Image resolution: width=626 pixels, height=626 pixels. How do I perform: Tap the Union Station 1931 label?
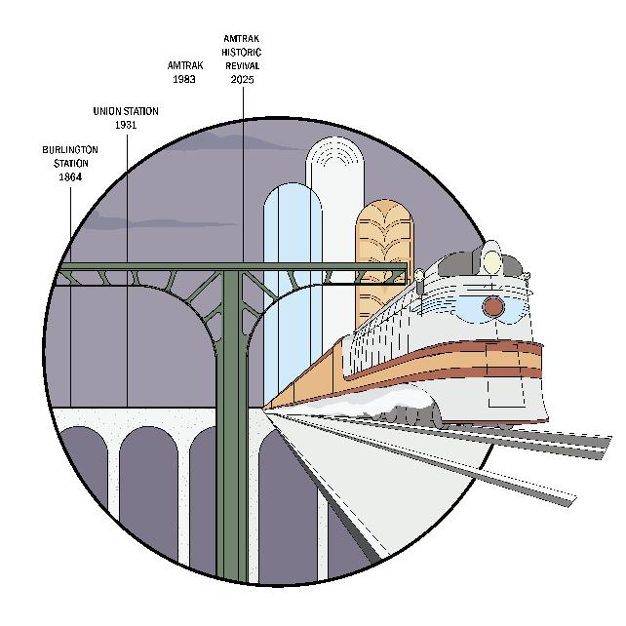(126, 118)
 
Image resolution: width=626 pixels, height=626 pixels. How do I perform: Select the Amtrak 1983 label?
(185, 72)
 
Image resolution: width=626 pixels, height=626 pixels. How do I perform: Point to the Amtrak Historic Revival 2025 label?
(243, 59)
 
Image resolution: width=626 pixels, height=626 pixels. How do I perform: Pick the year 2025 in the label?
(243, 79)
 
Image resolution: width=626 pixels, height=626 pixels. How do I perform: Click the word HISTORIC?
(243, 53)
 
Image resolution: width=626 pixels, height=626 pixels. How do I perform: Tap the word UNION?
(107, 112)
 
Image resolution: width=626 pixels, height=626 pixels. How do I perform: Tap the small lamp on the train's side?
(419, 277)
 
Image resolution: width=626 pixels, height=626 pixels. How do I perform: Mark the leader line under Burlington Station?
(70, 293)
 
